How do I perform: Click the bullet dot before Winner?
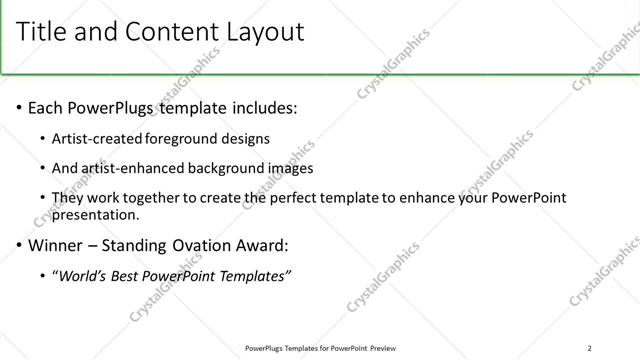point(19,245)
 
